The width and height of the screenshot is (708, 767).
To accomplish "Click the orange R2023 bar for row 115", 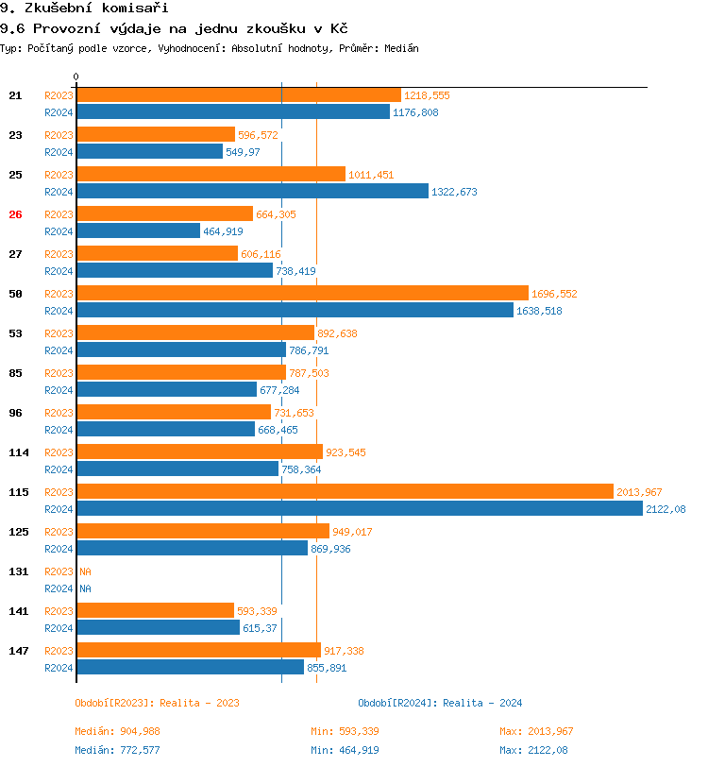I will [x=345, y=491].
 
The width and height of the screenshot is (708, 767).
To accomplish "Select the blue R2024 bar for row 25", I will [x=252, y=191].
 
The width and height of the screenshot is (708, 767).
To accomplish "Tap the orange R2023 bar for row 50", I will [x=302, y=293].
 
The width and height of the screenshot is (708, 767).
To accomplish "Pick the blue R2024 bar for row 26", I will [x=138, y=230].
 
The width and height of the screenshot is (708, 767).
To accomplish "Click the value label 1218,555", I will [x=428, y=95].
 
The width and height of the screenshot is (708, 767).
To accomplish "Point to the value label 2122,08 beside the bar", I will [x=666, y=509].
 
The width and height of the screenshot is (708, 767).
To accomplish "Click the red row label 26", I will [x=15, y=214].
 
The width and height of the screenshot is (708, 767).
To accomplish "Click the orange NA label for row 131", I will [x=85, y=571].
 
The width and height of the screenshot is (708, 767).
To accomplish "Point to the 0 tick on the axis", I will [x=76, y=77].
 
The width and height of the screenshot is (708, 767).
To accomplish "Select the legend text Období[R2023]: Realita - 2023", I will [x=157, y=703].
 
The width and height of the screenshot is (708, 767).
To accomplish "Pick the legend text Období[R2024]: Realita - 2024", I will [x=440, y=703].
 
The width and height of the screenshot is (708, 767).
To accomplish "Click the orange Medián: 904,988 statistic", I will [x=116, y=731].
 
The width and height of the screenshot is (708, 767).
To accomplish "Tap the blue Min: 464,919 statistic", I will [x=346, y=750].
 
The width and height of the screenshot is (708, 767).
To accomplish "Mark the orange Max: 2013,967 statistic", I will [x=536, y=731].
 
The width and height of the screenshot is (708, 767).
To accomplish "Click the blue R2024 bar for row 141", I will [x=158, y=627].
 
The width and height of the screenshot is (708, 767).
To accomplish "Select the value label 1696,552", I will [x=554, y=294].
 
